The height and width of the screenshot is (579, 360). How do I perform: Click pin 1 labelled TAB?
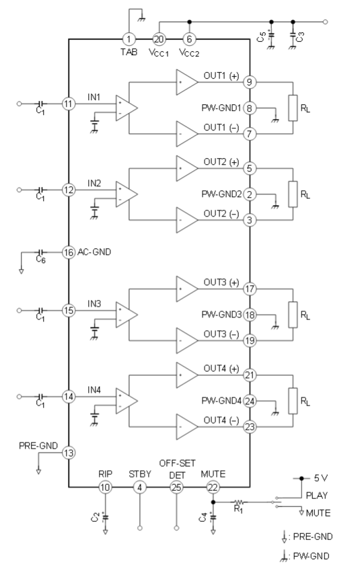(x=129, y=39)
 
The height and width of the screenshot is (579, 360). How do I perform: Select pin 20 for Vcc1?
(x=159, y=39)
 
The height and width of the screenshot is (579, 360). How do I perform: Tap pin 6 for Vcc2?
(x=190, y=39)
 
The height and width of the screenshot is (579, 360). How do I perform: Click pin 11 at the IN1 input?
(x=69, y=104)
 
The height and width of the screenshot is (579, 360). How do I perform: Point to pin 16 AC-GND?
(x=69, y=253)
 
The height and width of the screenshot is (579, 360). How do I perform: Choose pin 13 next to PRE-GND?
(x=69, y=453)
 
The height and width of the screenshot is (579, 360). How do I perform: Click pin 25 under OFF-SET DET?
(x=176, y=488)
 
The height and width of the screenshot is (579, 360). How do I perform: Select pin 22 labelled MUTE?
(x=213, y=488)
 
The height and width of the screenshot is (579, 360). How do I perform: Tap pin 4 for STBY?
(x=140, y=488)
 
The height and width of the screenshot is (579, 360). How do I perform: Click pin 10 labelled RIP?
(x=105, y=488)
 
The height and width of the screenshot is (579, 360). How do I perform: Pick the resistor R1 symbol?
(x=239, y=502)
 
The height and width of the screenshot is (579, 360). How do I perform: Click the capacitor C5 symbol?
(x=271, y=36)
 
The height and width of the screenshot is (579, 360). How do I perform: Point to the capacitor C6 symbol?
(x=40, y=253)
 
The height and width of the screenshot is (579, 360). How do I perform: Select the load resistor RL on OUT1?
(x=293, y=108)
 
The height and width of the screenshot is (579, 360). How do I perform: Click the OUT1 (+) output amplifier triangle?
(x=187, y=82)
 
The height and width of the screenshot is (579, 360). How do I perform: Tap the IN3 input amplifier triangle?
(x=127, y=315)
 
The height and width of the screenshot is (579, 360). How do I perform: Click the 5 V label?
(x=321, y=478)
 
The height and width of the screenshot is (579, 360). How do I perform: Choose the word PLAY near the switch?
(x=317, y=496)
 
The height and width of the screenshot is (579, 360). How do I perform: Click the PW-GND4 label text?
(x=221, y=401)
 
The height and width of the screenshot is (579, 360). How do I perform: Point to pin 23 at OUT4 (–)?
(x=250, y=427)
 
